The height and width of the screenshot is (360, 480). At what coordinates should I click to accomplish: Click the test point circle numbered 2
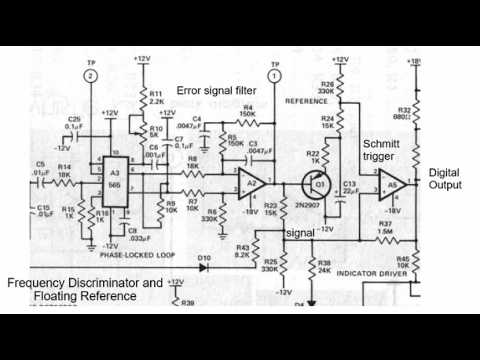(92, 75)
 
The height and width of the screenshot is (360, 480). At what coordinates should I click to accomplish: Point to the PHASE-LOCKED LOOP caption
(127, 255)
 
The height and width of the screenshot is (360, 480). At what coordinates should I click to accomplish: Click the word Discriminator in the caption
(97, 282)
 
